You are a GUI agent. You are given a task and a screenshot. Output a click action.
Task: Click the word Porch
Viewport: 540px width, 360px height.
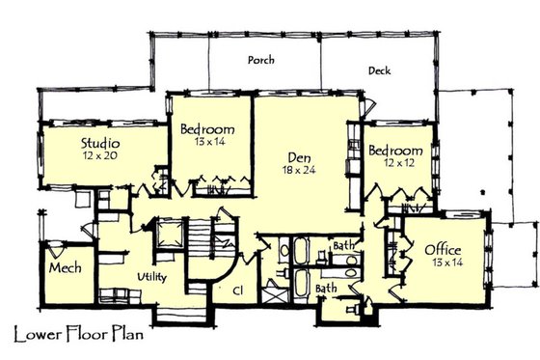259,60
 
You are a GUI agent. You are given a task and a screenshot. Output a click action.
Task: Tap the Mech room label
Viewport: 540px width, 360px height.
65,267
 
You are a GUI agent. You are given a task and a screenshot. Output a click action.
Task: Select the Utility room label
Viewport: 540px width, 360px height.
155,277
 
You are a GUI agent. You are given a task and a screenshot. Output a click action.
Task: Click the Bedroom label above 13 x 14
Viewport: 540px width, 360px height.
208,129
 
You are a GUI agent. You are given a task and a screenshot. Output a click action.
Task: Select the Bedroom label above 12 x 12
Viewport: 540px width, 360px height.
395,152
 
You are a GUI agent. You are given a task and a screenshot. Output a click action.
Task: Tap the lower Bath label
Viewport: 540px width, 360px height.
326,288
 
